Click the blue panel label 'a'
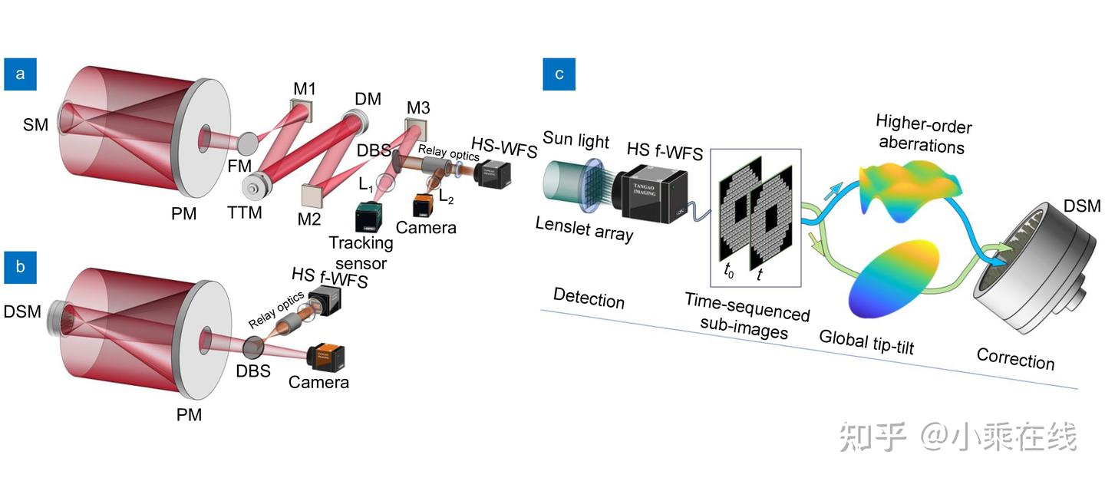tap(21, 74)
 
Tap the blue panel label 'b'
tap(21, 267)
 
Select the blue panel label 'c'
tap(559, 74)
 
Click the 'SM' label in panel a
tap(35, 124)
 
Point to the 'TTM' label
tap(245, 212)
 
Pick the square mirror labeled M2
tap(312, 197)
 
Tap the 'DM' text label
tap(368, 99)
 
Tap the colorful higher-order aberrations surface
tap(910, 189)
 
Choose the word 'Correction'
tap(1014, 357)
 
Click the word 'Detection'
tap(589, 298)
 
